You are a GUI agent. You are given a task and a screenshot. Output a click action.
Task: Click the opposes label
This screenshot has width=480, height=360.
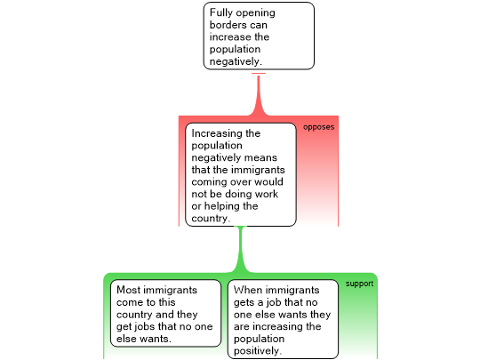[319, 127]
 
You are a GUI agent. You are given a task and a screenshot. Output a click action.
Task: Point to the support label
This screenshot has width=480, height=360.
[360, 284]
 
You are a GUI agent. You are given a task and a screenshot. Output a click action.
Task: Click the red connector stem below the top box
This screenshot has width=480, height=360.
[259, 95]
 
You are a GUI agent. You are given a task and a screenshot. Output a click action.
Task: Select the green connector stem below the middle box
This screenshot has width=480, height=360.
[241, 250]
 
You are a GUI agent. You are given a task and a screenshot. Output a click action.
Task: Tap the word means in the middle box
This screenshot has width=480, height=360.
[261, 158]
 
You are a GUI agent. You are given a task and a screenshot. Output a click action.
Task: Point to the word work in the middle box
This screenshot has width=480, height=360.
[267, 194]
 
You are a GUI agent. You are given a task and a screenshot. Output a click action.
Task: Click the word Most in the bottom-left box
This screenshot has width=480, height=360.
[128, 290]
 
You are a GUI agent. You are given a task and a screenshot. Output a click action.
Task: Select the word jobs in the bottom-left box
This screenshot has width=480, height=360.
[147, 327]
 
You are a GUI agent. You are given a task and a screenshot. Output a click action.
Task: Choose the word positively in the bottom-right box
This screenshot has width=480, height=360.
[258, 351]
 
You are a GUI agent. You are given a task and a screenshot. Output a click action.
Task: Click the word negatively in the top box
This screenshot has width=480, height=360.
[236, 62]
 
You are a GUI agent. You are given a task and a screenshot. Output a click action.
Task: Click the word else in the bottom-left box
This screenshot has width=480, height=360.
[126, 339]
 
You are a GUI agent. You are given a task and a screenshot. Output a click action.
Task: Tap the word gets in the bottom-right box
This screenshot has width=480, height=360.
[244, 303]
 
